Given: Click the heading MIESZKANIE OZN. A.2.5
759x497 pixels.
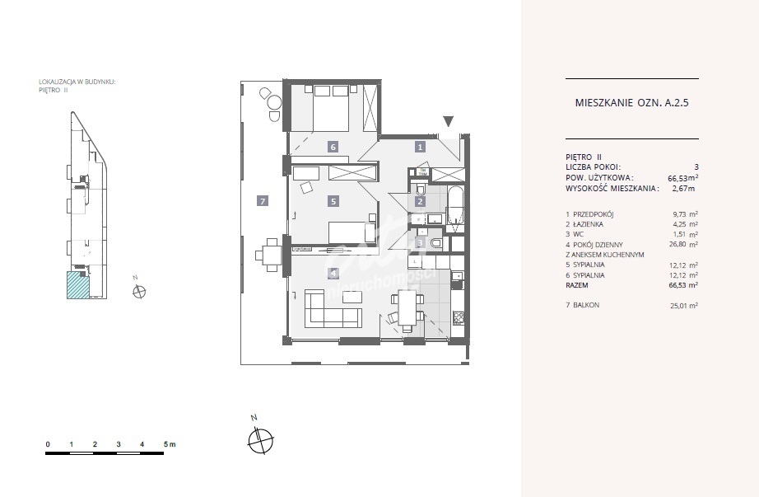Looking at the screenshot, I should tap(631, 104).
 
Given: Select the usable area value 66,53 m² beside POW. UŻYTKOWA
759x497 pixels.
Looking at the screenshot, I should tap(682, 177).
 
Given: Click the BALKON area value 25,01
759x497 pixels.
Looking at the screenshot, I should tap(682, 306).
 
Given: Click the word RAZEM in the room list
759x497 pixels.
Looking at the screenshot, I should tap(578, 285).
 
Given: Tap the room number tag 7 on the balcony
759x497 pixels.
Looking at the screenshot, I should tap(262, 200).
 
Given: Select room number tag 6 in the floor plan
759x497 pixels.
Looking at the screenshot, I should tap(333, 147).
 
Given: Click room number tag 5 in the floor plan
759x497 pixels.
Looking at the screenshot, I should tap(333, 200).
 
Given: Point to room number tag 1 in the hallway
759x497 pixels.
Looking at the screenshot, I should tap(420, 147).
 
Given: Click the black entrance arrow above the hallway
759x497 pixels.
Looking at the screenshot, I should tap(448, 122).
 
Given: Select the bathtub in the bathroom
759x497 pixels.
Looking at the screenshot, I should tap(456, 203).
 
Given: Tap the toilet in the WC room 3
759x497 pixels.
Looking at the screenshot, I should tap(435, 243).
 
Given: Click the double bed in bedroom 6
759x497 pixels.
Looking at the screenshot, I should tap(326, 104).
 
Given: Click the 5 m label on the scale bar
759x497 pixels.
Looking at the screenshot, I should tap(170, 444).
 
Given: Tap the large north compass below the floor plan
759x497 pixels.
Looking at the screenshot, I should tap(258, 441).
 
